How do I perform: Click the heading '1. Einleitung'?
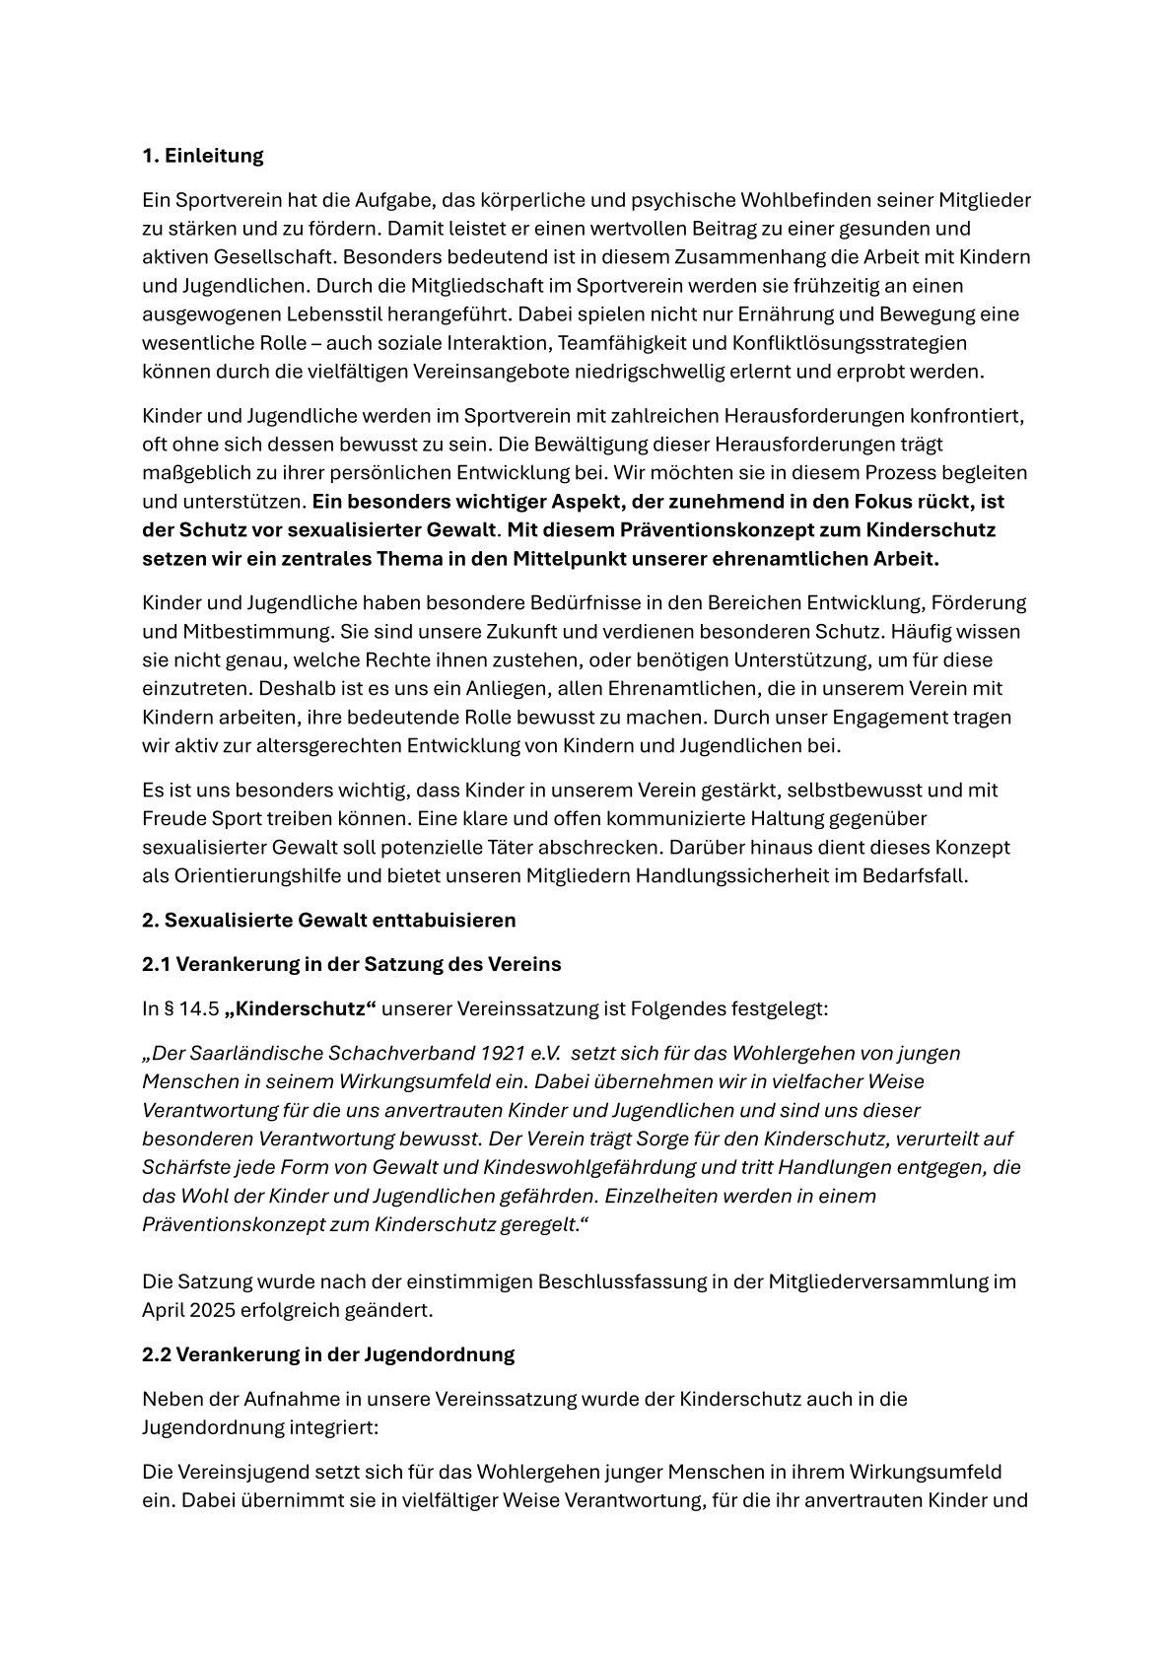[203, 156]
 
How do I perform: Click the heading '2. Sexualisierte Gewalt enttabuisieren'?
[329, 920]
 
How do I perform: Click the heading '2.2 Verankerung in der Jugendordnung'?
[328, 1354]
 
